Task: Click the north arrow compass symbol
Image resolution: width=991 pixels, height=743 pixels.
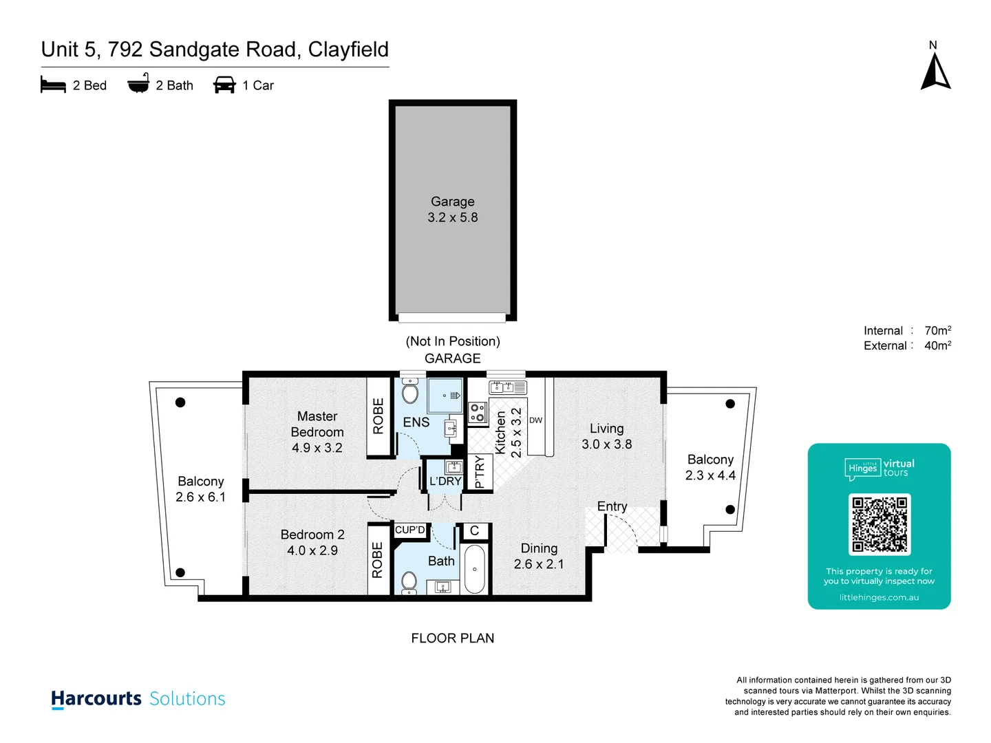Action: [x=935, y=71]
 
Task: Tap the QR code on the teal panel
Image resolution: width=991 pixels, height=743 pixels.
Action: [x=880, y=524]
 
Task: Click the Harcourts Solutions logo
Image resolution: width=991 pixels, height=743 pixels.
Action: [x=138, y=699]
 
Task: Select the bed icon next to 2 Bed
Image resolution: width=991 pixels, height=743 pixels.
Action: [x=53, y=85]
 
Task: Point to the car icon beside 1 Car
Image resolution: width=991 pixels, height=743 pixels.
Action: [x=224, y=85]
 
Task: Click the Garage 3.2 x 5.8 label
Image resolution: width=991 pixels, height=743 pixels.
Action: [x=452, y=209]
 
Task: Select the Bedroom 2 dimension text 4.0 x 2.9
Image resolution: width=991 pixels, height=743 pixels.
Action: [x=312, y=550]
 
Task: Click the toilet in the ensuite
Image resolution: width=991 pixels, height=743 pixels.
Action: [x=410, y=391]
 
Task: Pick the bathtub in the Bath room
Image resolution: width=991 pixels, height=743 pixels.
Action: [x=474, y=569]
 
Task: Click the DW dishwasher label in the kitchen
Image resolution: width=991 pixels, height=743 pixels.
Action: [x=535, y=420]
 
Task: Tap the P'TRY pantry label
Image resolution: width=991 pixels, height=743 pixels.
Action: [x=480, y=472]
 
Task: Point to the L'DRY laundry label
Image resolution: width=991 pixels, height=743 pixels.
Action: [x=445, y=481]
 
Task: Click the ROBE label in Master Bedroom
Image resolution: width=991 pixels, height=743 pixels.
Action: [x=378, y=416]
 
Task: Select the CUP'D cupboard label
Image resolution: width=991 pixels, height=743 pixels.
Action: [x=410, y=530]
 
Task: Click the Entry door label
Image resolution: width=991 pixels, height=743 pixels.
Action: [x=612, y=506]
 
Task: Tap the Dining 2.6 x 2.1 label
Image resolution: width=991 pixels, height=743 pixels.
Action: [x=539, y=556]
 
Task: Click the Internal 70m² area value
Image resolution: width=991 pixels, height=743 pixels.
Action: [x=937, y=331]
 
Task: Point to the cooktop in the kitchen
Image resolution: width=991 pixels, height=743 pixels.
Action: [x=477, y=412]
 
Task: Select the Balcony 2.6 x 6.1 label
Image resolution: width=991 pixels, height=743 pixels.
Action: [x=200, y=489]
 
